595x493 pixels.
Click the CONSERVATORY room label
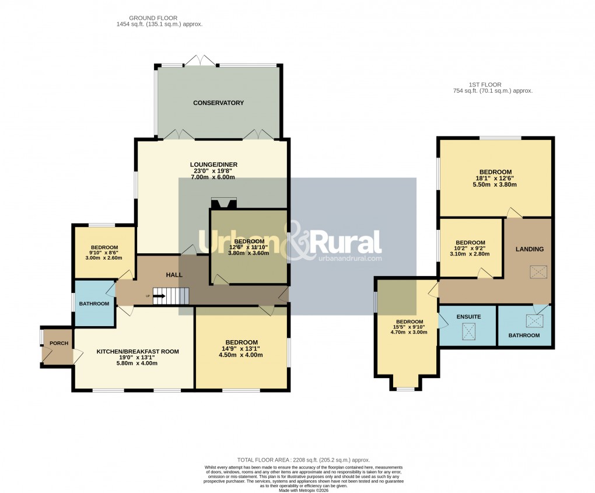[218, 103]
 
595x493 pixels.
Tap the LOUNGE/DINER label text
[213, 165]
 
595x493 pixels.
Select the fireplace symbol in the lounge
[224, 204]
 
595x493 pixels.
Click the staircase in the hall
[171, 296]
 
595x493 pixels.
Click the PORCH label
[59, 343]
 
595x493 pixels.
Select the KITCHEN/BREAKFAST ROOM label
[138, 351]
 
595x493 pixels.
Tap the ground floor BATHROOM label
[94, 303]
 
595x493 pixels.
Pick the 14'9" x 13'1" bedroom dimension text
[242, 349]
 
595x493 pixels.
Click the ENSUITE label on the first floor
[468, 316]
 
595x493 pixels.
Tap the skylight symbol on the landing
[535, 272]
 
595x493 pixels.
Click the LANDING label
[529, 249]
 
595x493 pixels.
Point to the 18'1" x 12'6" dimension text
[495, 179]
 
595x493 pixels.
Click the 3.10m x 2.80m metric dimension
[470, 254]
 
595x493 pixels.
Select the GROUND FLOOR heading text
[153, 19]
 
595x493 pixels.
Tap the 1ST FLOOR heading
[485, 85]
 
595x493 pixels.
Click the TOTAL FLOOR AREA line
[303, 460]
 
